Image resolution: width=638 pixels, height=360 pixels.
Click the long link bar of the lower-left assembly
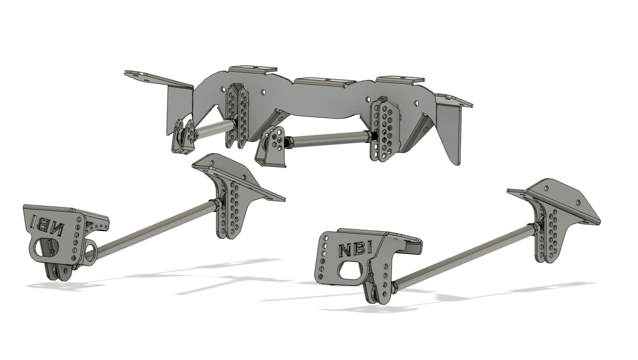click(155, 231)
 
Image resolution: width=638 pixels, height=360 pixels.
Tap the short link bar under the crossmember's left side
click(213, 128)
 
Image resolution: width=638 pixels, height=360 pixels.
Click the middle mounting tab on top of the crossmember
click(325, 82)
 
